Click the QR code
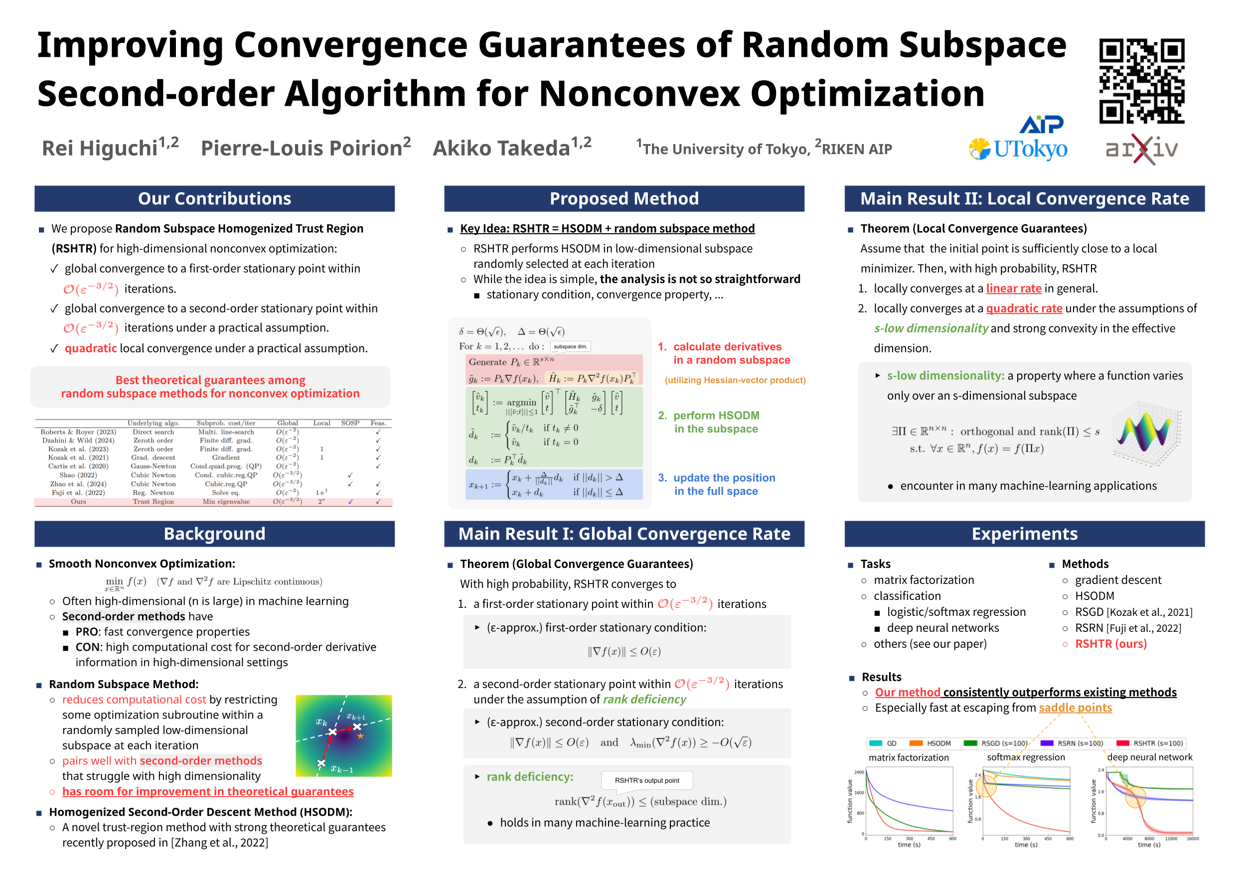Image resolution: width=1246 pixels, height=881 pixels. point(1141,81)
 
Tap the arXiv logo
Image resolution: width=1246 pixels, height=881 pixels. point(1141,148)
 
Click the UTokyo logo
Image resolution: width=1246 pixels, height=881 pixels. point(1018,148)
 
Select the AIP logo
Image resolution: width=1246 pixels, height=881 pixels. point(1041,124)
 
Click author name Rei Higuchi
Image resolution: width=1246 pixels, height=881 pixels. point(100,147)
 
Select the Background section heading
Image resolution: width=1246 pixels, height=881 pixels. point(214,534)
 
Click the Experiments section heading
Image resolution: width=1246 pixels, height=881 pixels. point(1024,534)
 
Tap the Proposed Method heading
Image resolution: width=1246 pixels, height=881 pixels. point(623,198)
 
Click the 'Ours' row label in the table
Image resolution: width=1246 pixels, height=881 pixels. point(78,502)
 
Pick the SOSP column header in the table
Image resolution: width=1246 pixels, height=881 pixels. point(350,423)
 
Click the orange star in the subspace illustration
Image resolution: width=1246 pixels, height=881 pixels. point(360,736)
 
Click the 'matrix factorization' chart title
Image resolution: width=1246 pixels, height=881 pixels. point(909,757)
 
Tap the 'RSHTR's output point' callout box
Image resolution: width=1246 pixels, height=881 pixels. point(646,780)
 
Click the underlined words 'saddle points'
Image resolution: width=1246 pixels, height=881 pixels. point(1075,708)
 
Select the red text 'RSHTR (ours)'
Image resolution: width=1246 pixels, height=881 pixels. point(1110,644)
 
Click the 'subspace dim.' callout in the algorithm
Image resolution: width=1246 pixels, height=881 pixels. point(570,347)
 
